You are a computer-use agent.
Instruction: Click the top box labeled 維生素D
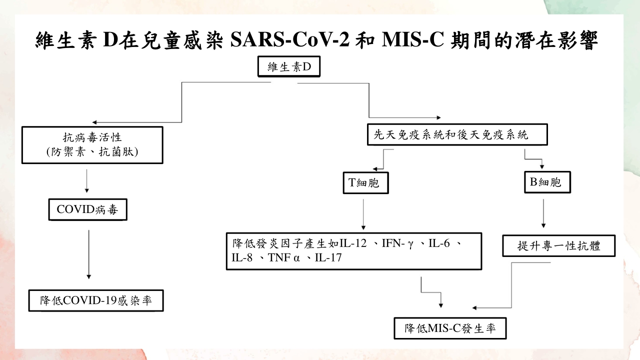tap(288, 67)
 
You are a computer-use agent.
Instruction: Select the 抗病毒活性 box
tap(92, 145)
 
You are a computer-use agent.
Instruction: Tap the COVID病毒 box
tap(87, 210)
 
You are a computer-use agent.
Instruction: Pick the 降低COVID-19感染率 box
tap(95, 301)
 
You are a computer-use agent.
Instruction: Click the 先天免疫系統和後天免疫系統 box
tap(456, 134)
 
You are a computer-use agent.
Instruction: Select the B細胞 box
tap(547, 182)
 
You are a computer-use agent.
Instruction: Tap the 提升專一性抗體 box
tap(558, 246)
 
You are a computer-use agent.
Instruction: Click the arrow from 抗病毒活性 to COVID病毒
tap(87, 181)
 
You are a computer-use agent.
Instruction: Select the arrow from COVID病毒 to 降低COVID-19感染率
tap(88, 253)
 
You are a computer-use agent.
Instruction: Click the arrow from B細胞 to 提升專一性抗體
tap(543, 213)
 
